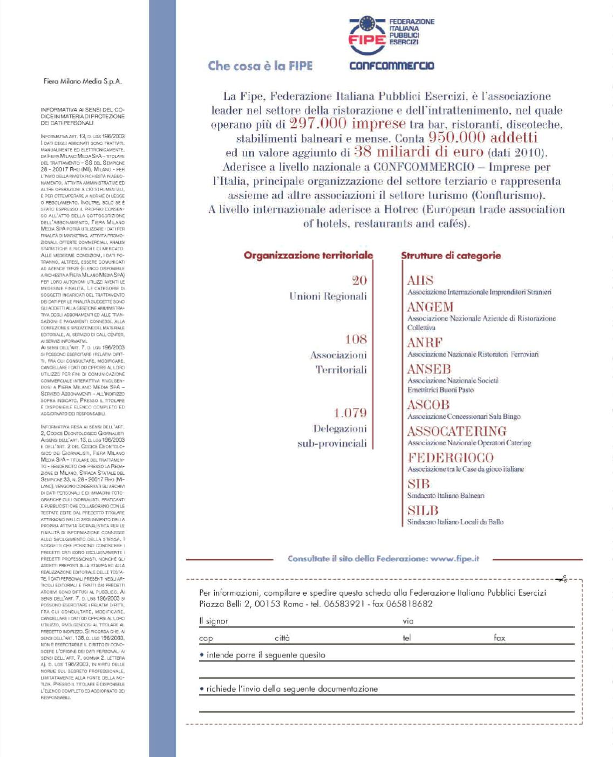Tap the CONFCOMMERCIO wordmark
(x=392, y=66)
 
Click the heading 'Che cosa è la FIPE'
(x=260, y=66)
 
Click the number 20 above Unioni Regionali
(x=359, y=280)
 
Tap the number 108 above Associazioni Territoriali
(x=356, y=339)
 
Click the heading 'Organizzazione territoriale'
(x=308, y=255)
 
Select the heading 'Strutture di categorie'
(x=451, y=255)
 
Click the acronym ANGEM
(x=430, y=307)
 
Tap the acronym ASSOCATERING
(x=457, y=431)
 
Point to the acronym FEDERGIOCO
(x=450, y=458)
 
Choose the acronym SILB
(x=423, y=510)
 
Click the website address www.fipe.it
(x=455, y=558)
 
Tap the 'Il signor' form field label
(x=214, y=621)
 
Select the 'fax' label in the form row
(x=500, y=638)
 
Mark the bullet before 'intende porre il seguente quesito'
(x=201, y=655)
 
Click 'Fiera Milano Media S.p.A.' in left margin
(x=83, y=81)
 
